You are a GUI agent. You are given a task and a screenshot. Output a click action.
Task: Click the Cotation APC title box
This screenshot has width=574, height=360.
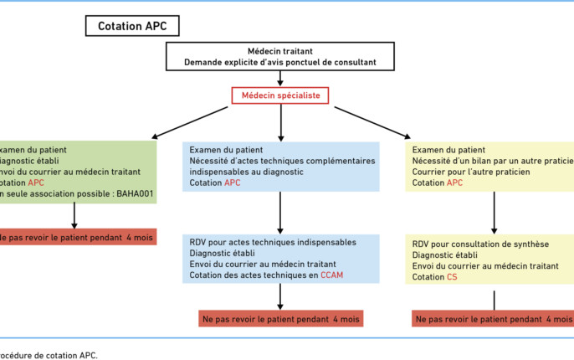point(132,26)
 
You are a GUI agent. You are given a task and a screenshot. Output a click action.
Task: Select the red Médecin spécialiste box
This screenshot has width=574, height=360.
point(280,95)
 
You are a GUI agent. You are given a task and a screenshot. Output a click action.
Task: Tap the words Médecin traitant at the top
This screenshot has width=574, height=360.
point(281,50)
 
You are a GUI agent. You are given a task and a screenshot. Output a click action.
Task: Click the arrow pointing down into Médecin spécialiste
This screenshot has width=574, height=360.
point(280,77)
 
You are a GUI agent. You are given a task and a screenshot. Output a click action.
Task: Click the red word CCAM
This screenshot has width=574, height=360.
point(331,275)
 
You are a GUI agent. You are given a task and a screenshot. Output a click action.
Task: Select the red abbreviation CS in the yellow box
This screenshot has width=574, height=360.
point(452,275)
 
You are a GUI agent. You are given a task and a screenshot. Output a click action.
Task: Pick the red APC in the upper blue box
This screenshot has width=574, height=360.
point(232,183)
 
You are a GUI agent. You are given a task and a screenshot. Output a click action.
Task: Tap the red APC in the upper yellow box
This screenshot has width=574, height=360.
point(454,183)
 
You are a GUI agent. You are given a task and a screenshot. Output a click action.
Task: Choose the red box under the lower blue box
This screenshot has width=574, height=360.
point(280,319)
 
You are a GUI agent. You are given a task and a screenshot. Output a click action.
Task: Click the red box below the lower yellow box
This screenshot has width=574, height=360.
point(494,319)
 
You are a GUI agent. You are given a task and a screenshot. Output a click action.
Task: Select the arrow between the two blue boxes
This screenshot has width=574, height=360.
point(280,214)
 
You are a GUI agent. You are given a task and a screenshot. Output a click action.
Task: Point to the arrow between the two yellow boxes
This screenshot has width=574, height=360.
point(494,214)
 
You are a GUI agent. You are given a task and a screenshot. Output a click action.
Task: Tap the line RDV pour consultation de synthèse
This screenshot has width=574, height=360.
point(480,244)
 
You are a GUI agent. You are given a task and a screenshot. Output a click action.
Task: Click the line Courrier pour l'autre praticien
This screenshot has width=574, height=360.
point(474,172)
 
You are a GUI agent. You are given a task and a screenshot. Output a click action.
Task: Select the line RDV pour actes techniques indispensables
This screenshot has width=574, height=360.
point(273,243)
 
